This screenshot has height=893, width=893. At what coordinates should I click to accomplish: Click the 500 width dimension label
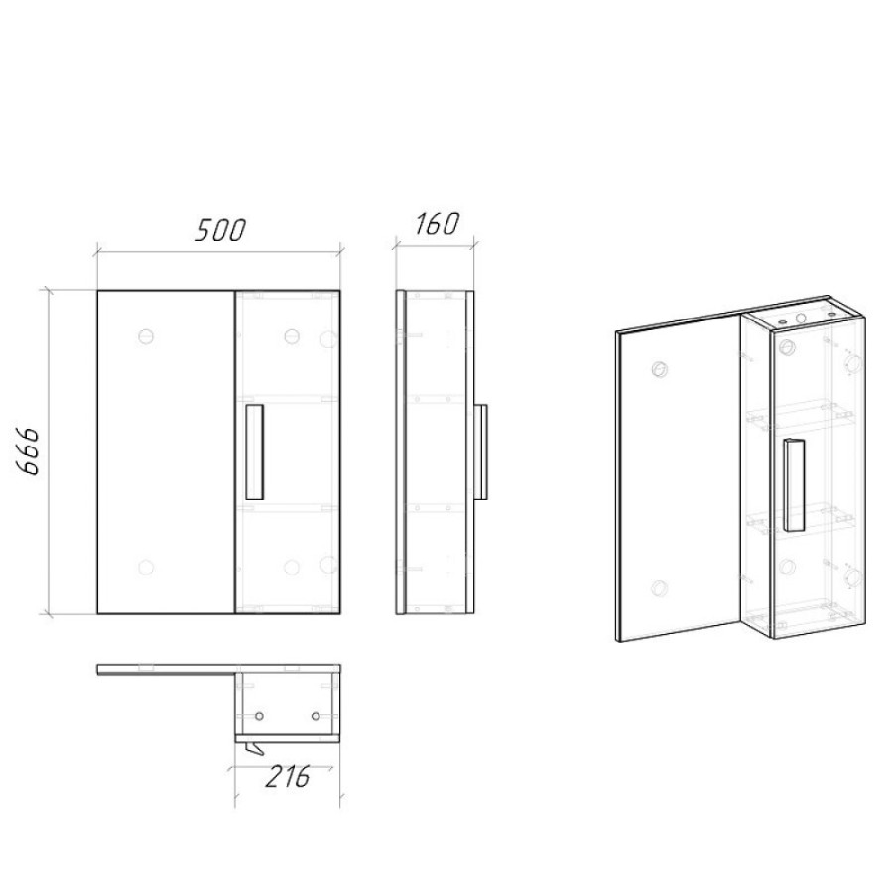(220, 229)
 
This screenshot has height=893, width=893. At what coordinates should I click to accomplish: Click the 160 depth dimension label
(436, 224)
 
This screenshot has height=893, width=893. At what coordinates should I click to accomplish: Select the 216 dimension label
(287, 776)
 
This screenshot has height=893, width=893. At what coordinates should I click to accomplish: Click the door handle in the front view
(255, 452)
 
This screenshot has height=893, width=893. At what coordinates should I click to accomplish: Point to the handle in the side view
(480, 451)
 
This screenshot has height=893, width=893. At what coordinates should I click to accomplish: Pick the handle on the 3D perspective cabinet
(793, 485)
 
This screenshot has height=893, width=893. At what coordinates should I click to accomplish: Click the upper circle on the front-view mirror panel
(147, 336)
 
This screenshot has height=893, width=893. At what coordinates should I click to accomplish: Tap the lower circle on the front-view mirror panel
(147, 567)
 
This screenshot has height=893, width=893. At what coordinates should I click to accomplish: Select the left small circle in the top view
(260, 715)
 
